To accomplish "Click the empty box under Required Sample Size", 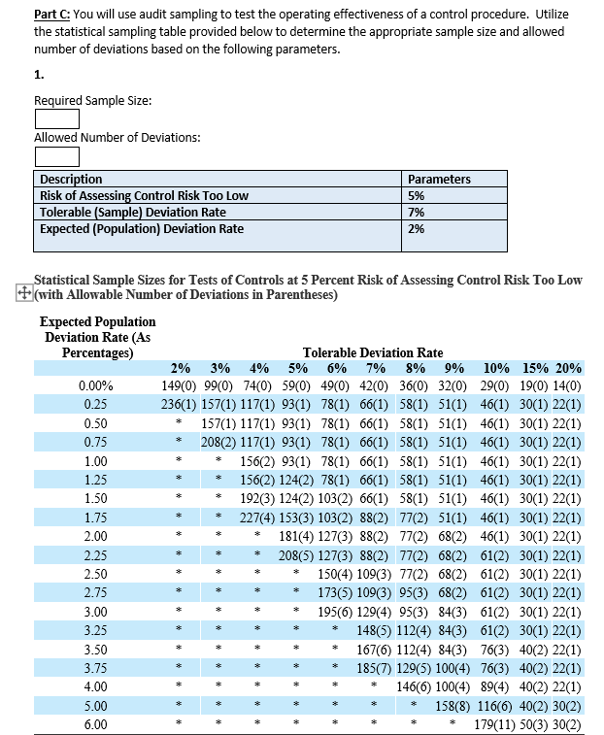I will [x=56, y=119].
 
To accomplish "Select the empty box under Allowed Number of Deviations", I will [x=56, y=156].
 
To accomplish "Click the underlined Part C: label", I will [x=51, y=15].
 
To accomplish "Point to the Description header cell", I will [x=71, y=179].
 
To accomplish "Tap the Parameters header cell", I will [x=439, y=179].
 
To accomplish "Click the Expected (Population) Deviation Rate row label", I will [x=142, y=228].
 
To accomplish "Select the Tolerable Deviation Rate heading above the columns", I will [x=373, y=352].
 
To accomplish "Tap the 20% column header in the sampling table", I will [x=568, y=368].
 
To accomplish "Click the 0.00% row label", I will [x=95, y=384].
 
